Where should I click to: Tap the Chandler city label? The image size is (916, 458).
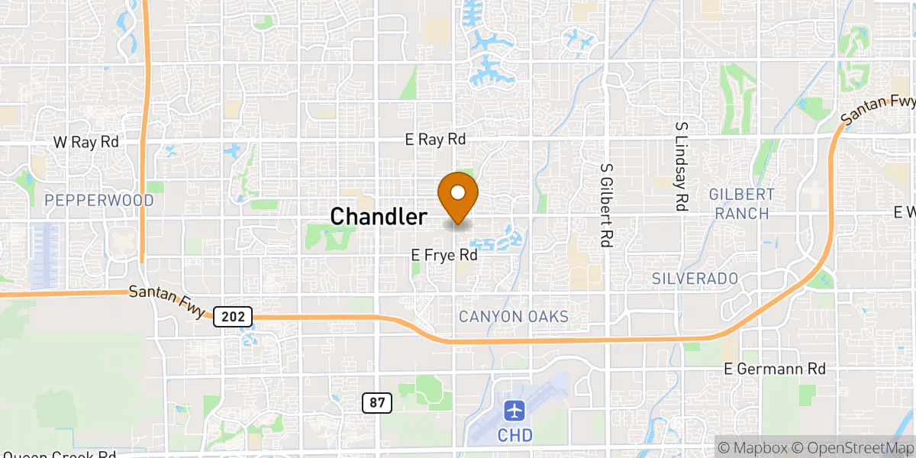pyautogui.click(x=379, y=217)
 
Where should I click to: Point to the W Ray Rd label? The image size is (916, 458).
pyautogui.click(x=86, y=142)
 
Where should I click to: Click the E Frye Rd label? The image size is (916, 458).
pyautogui.click(x=445, y=256)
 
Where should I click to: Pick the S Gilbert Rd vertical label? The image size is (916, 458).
pyautogui.click(x=607, y=205)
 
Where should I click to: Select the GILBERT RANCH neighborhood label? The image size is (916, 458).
pyautogui.click(x=742, y=204)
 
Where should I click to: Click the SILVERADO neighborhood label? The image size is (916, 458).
pyautogui.click(x=695, y=279)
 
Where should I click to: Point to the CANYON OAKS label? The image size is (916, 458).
pyautogui.click(x=513, y=316)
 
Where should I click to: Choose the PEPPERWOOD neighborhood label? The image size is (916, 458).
pyautogui.click(x=99, y=200)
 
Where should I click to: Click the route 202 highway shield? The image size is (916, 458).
pyautogui.click(x=227, y=315)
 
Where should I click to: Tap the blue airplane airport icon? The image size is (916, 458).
pyautogui.click(x=516, y=411)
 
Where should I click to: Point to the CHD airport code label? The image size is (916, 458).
pyautogui.click(x=516, y=435)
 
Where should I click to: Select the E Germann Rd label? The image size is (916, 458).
pyautogui.click(x=775, y=369)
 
